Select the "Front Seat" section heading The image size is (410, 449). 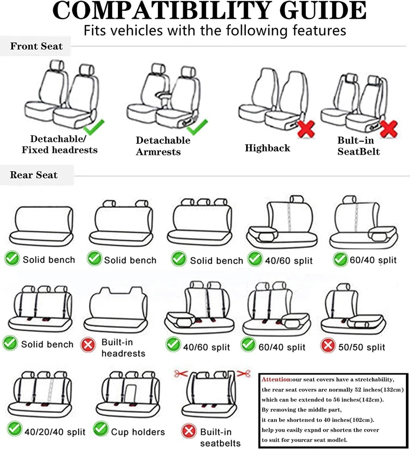click(x=36, y=46)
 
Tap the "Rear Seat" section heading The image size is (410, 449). click(x=34, y=175)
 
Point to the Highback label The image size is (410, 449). click(x=267, y=148)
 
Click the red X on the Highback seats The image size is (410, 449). click(x=306, y=128)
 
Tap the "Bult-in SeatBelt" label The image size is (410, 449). click(x=359, y=146)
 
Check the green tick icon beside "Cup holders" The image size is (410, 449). click(x=101, y=428)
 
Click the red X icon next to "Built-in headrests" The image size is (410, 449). click(x=87, y=346)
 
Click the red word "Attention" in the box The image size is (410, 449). click(x=276, y=379)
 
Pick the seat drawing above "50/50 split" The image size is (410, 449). click(x=354, y=309)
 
